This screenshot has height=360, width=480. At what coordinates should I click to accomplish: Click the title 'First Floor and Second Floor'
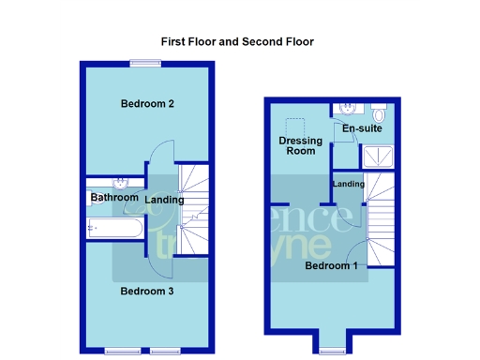[x=236, y=42]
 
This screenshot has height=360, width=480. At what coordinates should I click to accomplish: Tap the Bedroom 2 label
[x=147, y=104]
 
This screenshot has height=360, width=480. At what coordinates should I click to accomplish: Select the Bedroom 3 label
[x=147, y=291]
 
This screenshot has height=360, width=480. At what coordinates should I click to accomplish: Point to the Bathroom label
[x=114, y=198]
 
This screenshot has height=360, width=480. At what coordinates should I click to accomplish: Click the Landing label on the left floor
[x=165, y=200]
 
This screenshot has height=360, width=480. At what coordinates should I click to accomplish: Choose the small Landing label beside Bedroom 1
[x=348, y=184]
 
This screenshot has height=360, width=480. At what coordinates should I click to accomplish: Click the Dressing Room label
[x=300, y=145]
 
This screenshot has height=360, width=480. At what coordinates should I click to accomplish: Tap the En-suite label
[x=361, y=128]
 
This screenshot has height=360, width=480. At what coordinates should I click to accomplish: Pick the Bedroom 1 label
[x=331, y=266]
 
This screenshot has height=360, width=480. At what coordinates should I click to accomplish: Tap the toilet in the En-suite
[x=379, y=108]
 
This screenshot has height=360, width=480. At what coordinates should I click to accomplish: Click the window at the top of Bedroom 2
[x=144, y=63]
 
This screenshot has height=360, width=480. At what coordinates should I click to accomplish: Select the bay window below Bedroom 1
[x=331, y=352]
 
